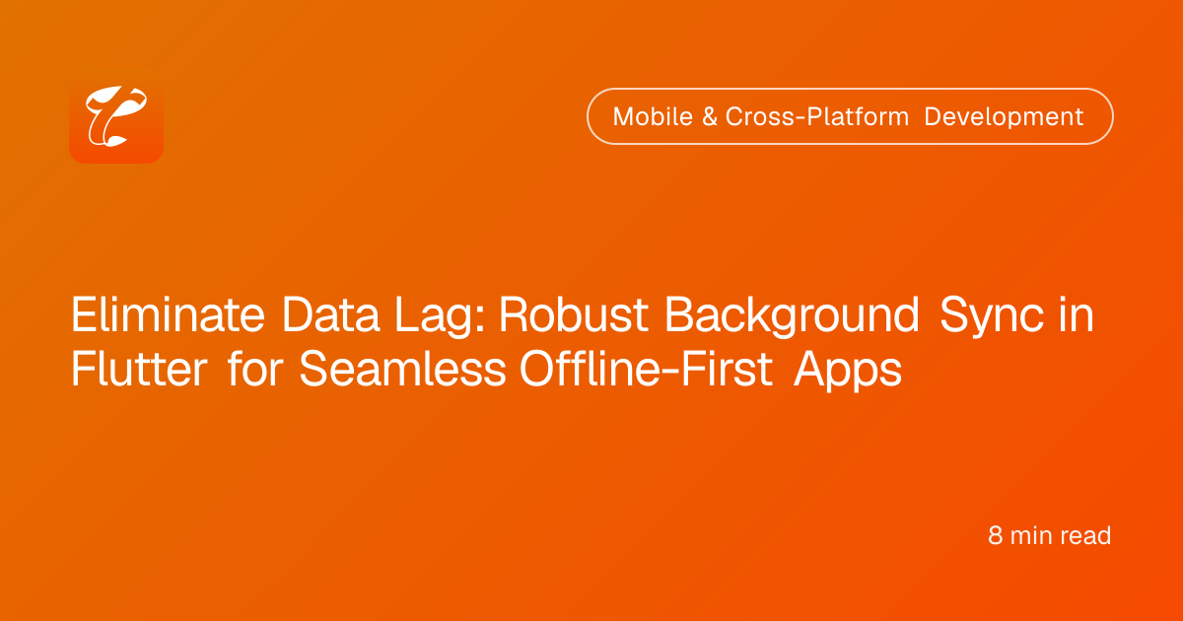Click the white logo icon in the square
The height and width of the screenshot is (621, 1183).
tap(116, 116)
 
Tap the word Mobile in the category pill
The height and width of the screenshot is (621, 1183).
tap(653, 116)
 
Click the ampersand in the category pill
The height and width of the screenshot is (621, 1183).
tap(710, 116)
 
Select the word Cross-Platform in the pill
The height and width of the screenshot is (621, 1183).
tap(817, 116)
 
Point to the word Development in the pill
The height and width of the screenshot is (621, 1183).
tap(1004, 116)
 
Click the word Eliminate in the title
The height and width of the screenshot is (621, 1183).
tap(168, 314)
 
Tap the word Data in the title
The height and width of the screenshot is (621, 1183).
tap(330, 314)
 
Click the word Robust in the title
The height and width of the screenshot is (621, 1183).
tap(574, 314)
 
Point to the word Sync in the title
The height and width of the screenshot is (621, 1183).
tap(991, 315)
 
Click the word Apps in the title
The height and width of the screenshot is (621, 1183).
tap(848, 371)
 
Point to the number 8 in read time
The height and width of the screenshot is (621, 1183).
tap(995, 535)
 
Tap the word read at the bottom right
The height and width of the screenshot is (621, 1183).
tap(1085, 535)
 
